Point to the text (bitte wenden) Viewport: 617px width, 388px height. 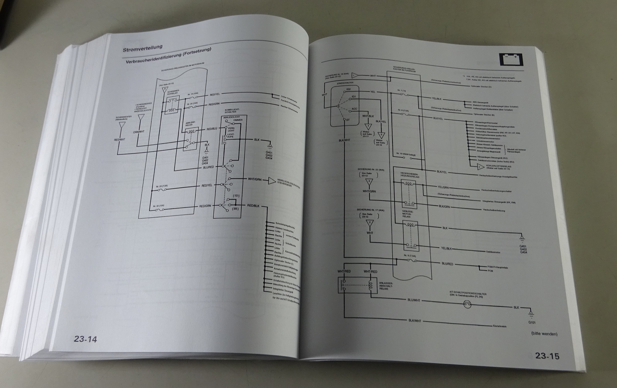coord(544,334)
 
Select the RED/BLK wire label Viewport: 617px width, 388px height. coord(255,206)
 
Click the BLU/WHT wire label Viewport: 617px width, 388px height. coord(413,300)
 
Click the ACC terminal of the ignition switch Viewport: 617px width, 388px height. coord(354,109)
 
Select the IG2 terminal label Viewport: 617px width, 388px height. coord(348,89)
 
